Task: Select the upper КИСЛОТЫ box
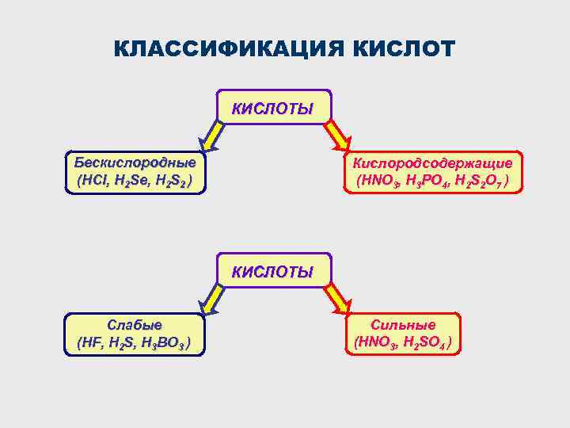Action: click(272, 107)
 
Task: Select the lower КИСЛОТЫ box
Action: click(272, 272)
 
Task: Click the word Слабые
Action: click(135, 325)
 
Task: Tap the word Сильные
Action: click(404, 325)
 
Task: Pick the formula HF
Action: click(93, 343)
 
